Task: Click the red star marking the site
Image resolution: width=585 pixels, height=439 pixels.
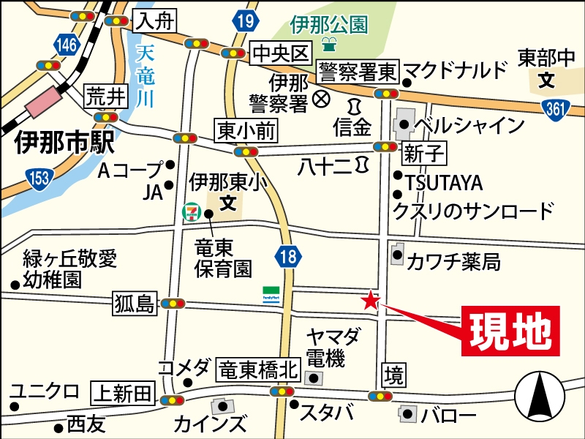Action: coord(371,300)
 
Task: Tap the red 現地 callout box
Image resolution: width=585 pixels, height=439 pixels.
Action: coord(510,332)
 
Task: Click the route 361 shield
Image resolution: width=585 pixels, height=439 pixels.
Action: coord(557,108)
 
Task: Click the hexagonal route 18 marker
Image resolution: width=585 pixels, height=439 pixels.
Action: coord(289,255)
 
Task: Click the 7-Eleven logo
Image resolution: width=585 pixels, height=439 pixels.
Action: coord(189,211)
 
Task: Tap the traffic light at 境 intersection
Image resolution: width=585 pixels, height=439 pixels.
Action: coord(381,396)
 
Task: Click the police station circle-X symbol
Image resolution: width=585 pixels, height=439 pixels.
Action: coord(320,97)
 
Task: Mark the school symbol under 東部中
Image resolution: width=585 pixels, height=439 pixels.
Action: coord(546,79)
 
